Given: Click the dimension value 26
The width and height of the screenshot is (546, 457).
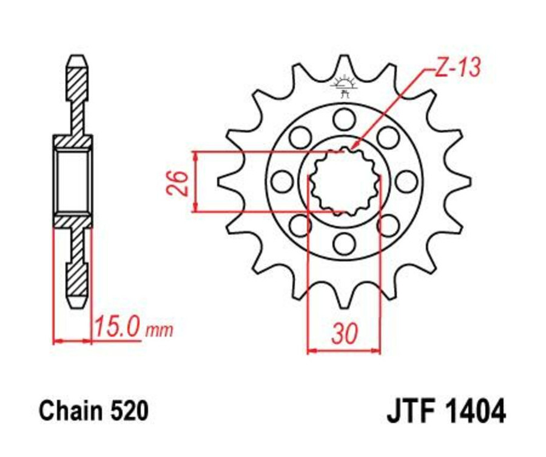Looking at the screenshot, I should [x=177, y=182].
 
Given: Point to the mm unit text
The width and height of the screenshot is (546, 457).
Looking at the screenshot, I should [x=160, y=331].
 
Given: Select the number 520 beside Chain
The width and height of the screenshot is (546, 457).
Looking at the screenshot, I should [x=129, y=411].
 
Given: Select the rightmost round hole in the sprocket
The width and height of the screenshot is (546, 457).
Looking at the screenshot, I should [x=406, y=180].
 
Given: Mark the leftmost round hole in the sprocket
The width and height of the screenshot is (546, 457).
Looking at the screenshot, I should [x=281, y=180].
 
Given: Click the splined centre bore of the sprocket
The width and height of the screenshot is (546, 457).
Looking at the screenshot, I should [x=344, y=180].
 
